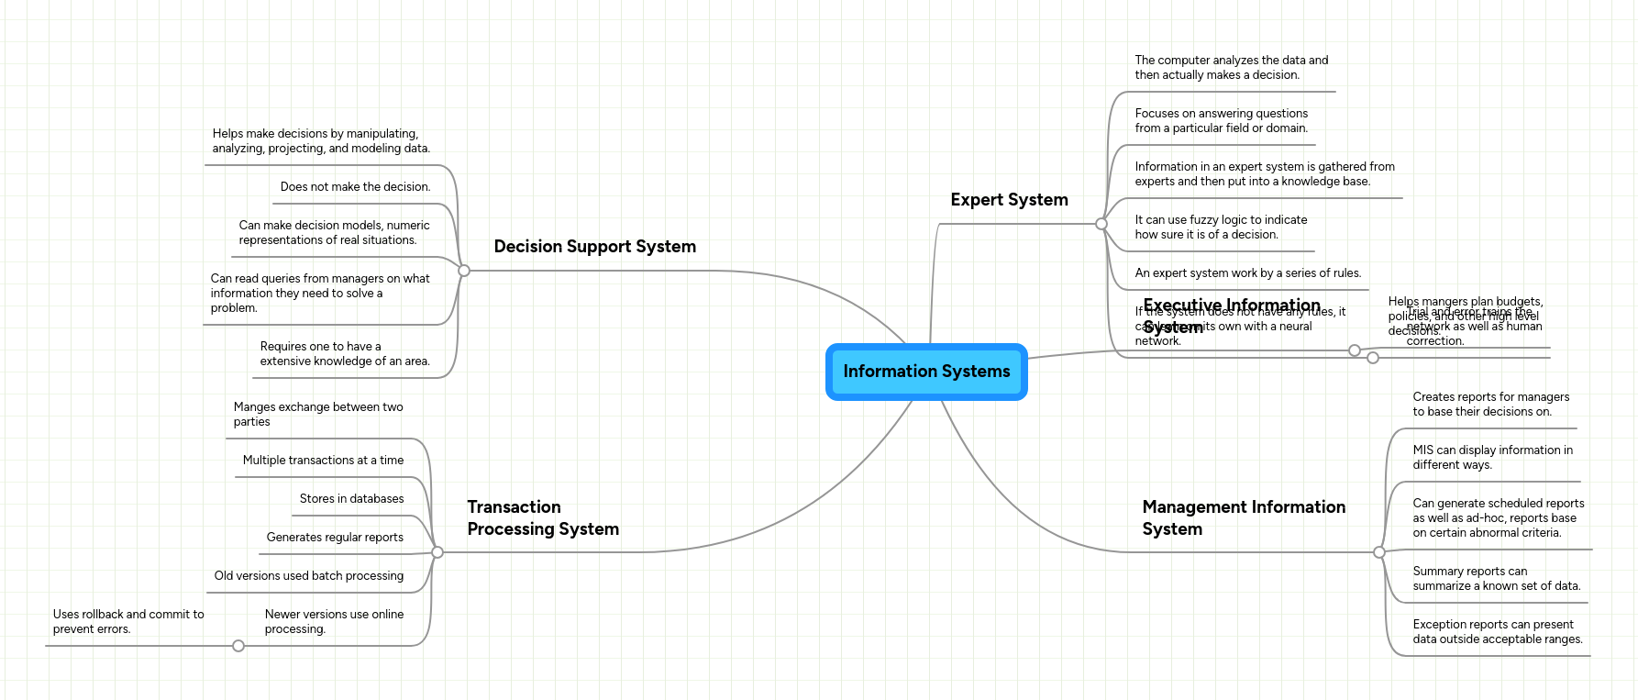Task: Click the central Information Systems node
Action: [926, 372]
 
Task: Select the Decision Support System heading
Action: [594, 247]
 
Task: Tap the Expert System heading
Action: [1009, 200]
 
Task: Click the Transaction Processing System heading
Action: [543, 518]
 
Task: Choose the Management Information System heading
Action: [1243, 518]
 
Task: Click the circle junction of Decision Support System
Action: [464, 271]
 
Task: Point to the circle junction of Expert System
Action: [1101, 224]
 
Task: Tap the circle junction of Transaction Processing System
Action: [437, 552]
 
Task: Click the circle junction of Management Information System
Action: [1379, 552]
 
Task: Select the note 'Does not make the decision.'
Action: [355, 187]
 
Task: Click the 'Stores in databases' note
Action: [351, 499]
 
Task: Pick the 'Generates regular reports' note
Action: [335, 538]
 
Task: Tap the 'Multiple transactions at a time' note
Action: [323, 461]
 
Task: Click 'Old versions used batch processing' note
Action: [309, 576]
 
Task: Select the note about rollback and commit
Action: [128, 622]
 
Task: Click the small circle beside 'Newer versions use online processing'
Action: [238, 646]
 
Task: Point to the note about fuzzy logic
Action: [1221, 228]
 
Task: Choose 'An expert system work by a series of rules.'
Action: [1247, 273]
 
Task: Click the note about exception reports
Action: [1497, 632]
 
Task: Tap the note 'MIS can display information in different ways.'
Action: [1492, 458]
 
